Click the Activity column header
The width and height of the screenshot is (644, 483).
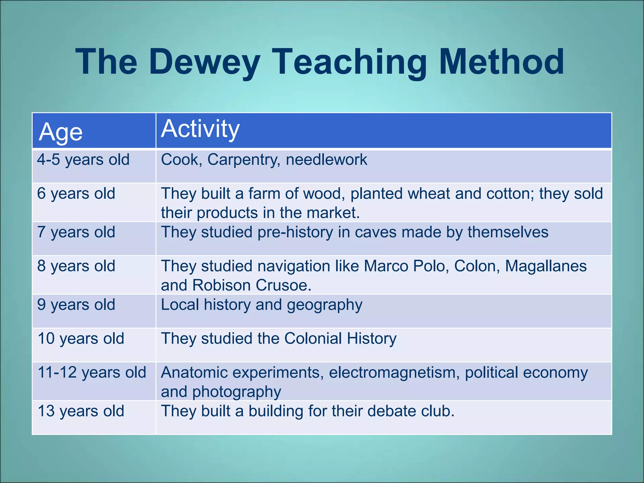pyautogui.click(x=200, y=129)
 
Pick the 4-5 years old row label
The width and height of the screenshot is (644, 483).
pyautogui.click(x=83, y=160)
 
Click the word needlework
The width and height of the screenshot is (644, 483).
pyautogui.click(x=326, y=160)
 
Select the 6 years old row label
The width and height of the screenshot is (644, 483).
pyautogui.click(x=76, y=193)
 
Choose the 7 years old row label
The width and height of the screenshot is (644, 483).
pyautogui.click(x=76, y=232)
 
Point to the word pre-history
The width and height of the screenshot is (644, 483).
pyautogui.click(x=295, y=232)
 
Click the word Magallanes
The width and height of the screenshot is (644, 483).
pyautogui.click(x=546, y=266)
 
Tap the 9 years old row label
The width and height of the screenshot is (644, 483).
pyautogui.click(x=76, y=305)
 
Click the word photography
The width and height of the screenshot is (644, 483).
pyautogui.click(x=236, y=392)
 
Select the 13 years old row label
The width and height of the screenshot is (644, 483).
pyautogui.click(x=81, y=411)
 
